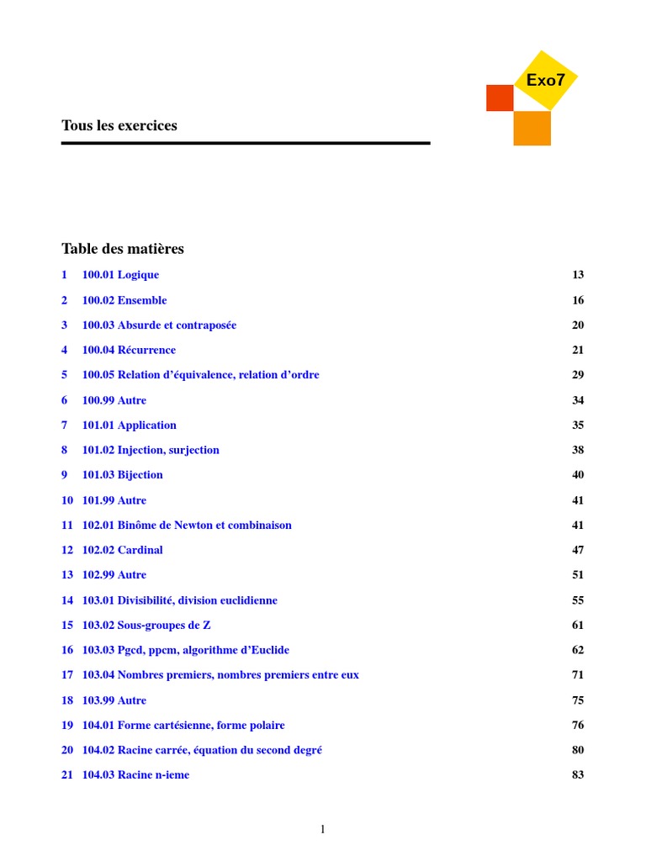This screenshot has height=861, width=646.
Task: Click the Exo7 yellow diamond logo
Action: (545, 80)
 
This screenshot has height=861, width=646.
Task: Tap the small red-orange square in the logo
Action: (499, 98)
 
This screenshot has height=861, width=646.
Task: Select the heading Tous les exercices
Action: (119, 125)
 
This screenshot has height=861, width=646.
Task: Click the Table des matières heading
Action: (123, 249)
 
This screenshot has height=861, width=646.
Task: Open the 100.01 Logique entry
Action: (120, 275)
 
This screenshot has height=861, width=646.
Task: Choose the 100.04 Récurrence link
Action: (129, 350)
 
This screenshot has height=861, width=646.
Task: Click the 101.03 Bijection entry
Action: (122, 475)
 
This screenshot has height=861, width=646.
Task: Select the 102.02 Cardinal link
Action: (122, 550)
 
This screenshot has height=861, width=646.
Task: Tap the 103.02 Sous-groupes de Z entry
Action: (146, 625)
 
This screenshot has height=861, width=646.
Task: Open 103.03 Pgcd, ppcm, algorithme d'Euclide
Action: (185, 650)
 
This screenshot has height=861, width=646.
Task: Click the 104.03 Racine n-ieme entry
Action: (135, 775)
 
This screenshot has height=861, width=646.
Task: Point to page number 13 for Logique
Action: (578, 275)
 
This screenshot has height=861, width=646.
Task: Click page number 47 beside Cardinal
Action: (578, 550)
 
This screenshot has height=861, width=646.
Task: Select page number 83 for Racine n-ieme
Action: (578, 775)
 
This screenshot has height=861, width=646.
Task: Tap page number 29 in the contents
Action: (578, 375)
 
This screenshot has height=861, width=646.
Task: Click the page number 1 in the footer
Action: (322, 830)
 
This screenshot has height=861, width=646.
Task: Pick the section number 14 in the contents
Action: (67, 600)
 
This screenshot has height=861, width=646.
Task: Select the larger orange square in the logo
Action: (532, 128)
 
